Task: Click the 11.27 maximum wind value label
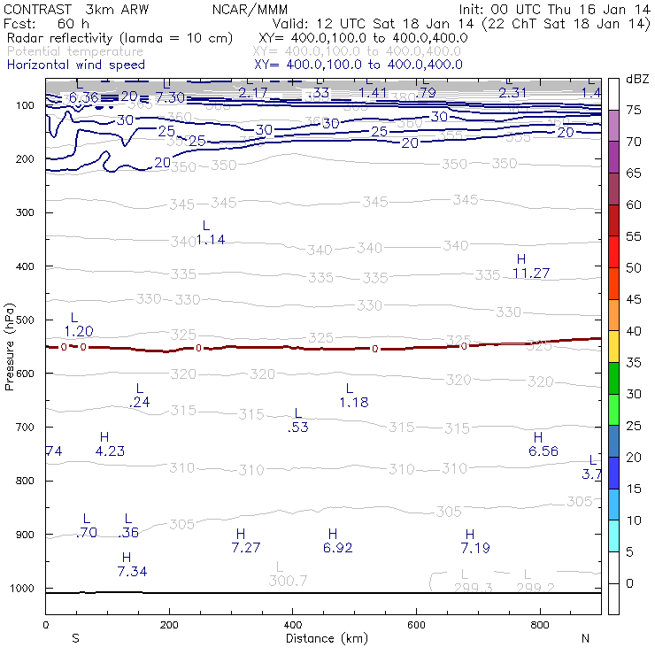click(531, 274)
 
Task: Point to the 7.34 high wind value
click(132, 571)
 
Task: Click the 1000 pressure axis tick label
click(21, 589)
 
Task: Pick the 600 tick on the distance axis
click(541, 626)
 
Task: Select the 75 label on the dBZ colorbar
click(634, 111)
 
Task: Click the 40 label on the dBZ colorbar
click(634, 331)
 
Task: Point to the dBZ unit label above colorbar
click(636, 79)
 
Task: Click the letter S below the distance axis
click(75, 638)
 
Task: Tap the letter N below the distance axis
click(585, 638)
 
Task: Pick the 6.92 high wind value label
click(333, 548)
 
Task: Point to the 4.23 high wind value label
click(110, 451)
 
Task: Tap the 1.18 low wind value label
click(353, 403)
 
